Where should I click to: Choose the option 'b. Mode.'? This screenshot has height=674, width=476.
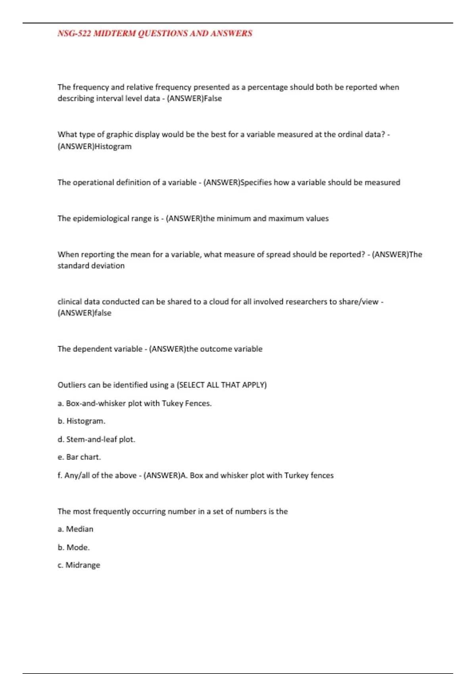click(74, 547)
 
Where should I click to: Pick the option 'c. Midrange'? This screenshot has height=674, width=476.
click(79, 565)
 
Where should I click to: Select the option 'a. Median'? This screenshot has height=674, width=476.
click(75, 529)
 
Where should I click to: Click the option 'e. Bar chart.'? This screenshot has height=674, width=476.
click(79, 457)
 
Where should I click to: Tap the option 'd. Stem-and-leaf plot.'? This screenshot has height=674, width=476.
click(96, 439)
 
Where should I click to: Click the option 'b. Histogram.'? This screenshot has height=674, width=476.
click(81, 421)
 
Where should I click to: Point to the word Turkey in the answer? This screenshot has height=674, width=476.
click(296, 475)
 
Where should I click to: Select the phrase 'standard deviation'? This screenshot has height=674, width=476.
click(91, 266)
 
